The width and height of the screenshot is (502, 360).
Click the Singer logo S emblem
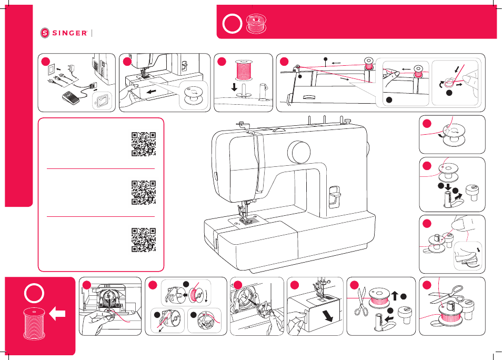[45, 33]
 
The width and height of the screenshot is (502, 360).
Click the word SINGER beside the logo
[69, 33]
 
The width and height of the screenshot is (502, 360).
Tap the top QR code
[144, 144]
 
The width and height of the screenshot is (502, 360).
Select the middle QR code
[144, 192]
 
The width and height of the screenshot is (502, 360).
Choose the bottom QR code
[144, 240]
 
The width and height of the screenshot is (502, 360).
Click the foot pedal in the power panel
[70, 97]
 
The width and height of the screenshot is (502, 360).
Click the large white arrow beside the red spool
[57, 314]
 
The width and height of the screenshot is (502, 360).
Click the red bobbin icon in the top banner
[256, 23]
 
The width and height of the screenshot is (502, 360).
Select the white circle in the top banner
[232, 24]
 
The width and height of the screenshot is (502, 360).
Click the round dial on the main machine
[299, 152]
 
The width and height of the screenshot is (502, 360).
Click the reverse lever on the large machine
[335, 196]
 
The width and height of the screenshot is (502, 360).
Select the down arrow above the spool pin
[234, 86]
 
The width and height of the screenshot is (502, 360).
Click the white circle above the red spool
[34, 293]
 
